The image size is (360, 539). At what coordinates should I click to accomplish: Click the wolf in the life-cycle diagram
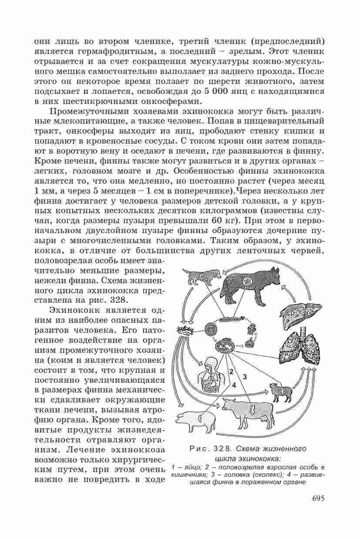pyautogui.click(x=250, y=285)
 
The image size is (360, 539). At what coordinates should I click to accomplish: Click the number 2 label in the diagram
pyautogui.click(x=231, y=371)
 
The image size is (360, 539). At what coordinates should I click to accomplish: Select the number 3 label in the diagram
pyautogui.click(x=245, y=377)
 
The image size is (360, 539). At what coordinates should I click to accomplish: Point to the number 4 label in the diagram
pyautogui.click(x=234, y=385)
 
